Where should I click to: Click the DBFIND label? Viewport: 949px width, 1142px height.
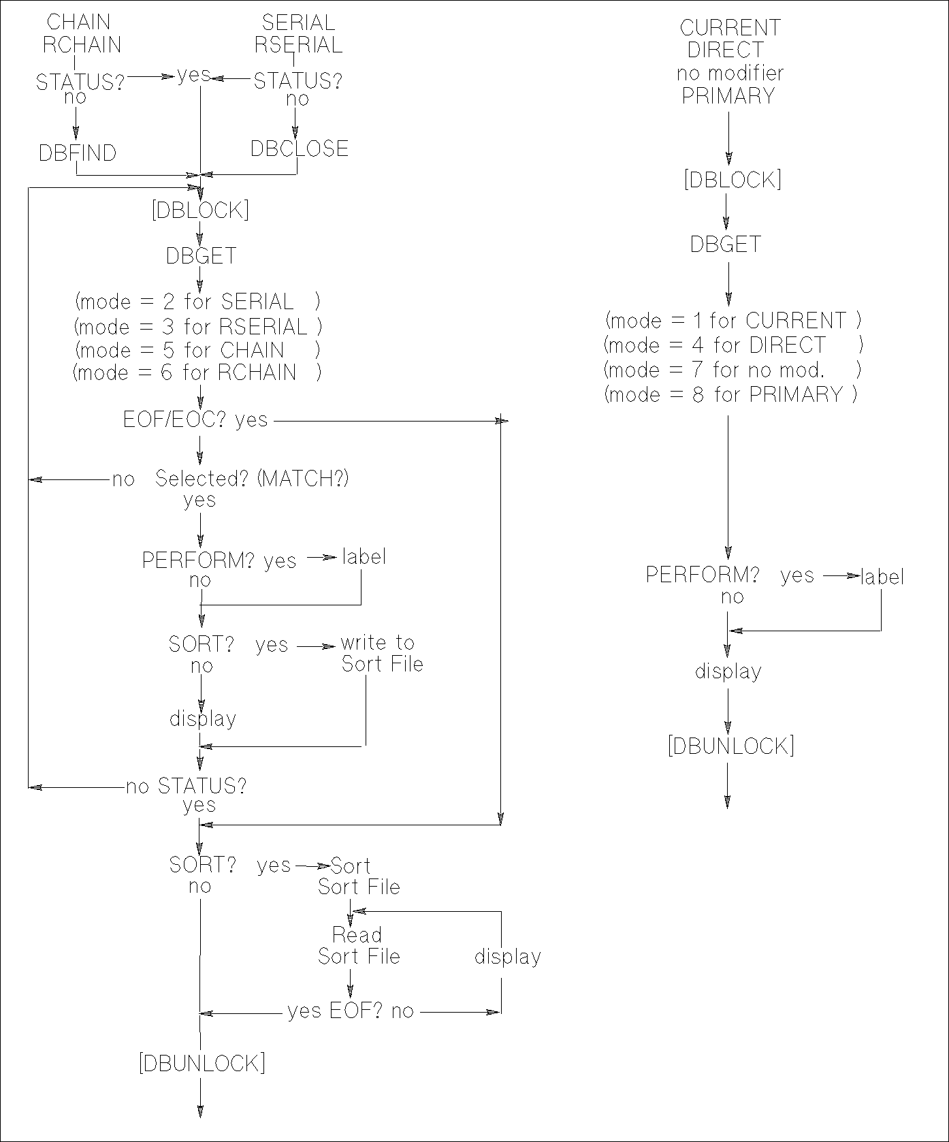[x=78, y=153]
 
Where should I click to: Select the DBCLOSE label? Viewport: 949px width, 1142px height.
[x=300, y=148]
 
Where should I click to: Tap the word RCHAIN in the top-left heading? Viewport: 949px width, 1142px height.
[x=82, y=45]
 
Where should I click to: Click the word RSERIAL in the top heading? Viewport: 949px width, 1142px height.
[x=298, y=45]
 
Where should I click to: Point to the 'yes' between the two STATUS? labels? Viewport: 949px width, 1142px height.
[x=193, y=75]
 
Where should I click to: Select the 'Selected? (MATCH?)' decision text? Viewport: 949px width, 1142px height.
[x=252, y=479]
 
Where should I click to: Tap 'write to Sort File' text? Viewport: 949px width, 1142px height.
[x=381, y=653]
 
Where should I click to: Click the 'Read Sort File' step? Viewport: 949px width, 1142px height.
[x=359, y=945]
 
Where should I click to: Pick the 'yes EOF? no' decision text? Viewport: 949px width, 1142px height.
[x=351, y=1011]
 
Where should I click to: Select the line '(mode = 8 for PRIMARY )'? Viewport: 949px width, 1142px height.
[x=730, y=394]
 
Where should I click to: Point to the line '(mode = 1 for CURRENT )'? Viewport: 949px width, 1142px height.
[x=733, y=320]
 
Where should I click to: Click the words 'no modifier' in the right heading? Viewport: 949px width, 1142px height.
[x=730, y=73]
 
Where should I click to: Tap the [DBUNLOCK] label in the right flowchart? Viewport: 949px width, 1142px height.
[x=730, y=746]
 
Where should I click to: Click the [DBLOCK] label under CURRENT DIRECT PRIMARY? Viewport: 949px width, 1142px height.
[x=733, y=180]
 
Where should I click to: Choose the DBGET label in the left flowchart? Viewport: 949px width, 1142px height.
[x=202, y=256]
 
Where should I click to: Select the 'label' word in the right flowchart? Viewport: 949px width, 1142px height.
[x=882, y=577]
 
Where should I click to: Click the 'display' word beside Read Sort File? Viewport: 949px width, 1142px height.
[x=507, y=957]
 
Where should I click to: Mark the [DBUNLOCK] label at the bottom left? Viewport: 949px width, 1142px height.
[x=202, y=1063]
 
